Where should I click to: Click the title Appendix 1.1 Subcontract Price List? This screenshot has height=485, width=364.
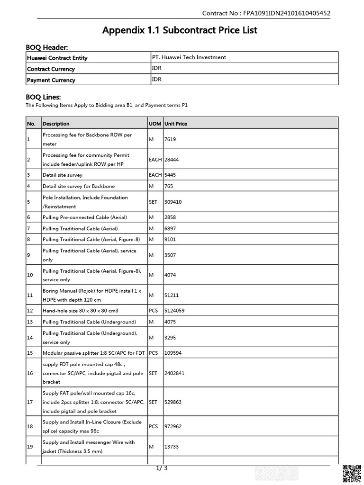click(x=180, y=30)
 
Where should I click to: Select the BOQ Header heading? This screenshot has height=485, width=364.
click(x=46, y=47)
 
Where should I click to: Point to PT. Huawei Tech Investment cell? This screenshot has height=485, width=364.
click(x=189, y=57)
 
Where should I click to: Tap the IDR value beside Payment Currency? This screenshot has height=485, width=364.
click(x=157, y=80)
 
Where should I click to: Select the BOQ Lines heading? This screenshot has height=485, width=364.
click(x=43, y=97)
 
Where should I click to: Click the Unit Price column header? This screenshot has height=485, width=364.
click(x=175, y=124)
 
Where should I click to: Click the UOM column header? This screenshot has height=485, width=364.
click(x=155, y=124)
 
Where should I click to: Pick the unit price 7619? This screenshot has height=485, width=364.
click(x=170, y=139)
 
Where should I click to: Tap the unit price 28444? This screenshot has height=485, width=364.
click(x=172, y=160)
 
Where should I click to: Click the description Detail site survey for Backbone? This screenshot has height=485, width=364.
click(x=79, y=186)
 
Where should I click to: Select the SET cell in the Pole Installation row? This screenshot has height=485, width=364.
click(x=153, y=202)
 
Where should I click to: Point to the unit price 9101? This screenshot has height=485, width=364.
click(x=170, y=239)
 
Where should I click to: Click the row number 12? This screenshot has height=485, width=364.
click(x=30, y=311)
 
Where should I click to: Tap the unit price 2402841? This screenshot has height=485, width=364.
click(x=174, y=373)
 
